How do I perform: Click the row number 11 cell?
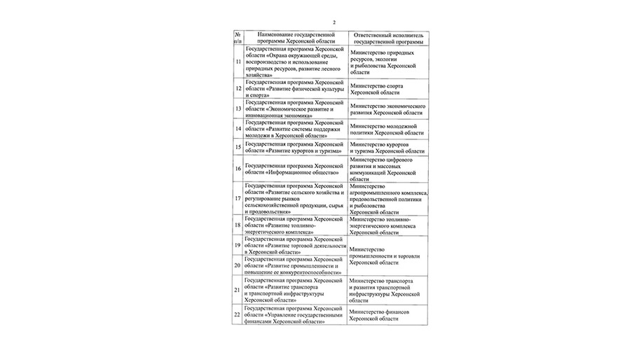pos(238,62)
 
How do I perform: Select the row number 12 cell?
pos(238,89)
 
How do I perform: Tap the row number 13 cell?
pos(238,109)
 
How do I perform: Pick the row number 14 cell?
pos(238,129)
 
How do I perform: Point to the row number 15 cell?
pos(238,147)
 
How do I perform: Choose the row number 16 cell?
pos(238,169)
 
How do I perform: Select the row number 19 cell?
pos(238,246)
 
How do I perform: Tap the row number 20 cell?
pos(238,265)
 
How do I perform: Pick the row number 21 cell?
pos(238,289)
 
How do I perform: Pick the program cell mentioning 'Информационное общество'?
pos(294,169)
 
